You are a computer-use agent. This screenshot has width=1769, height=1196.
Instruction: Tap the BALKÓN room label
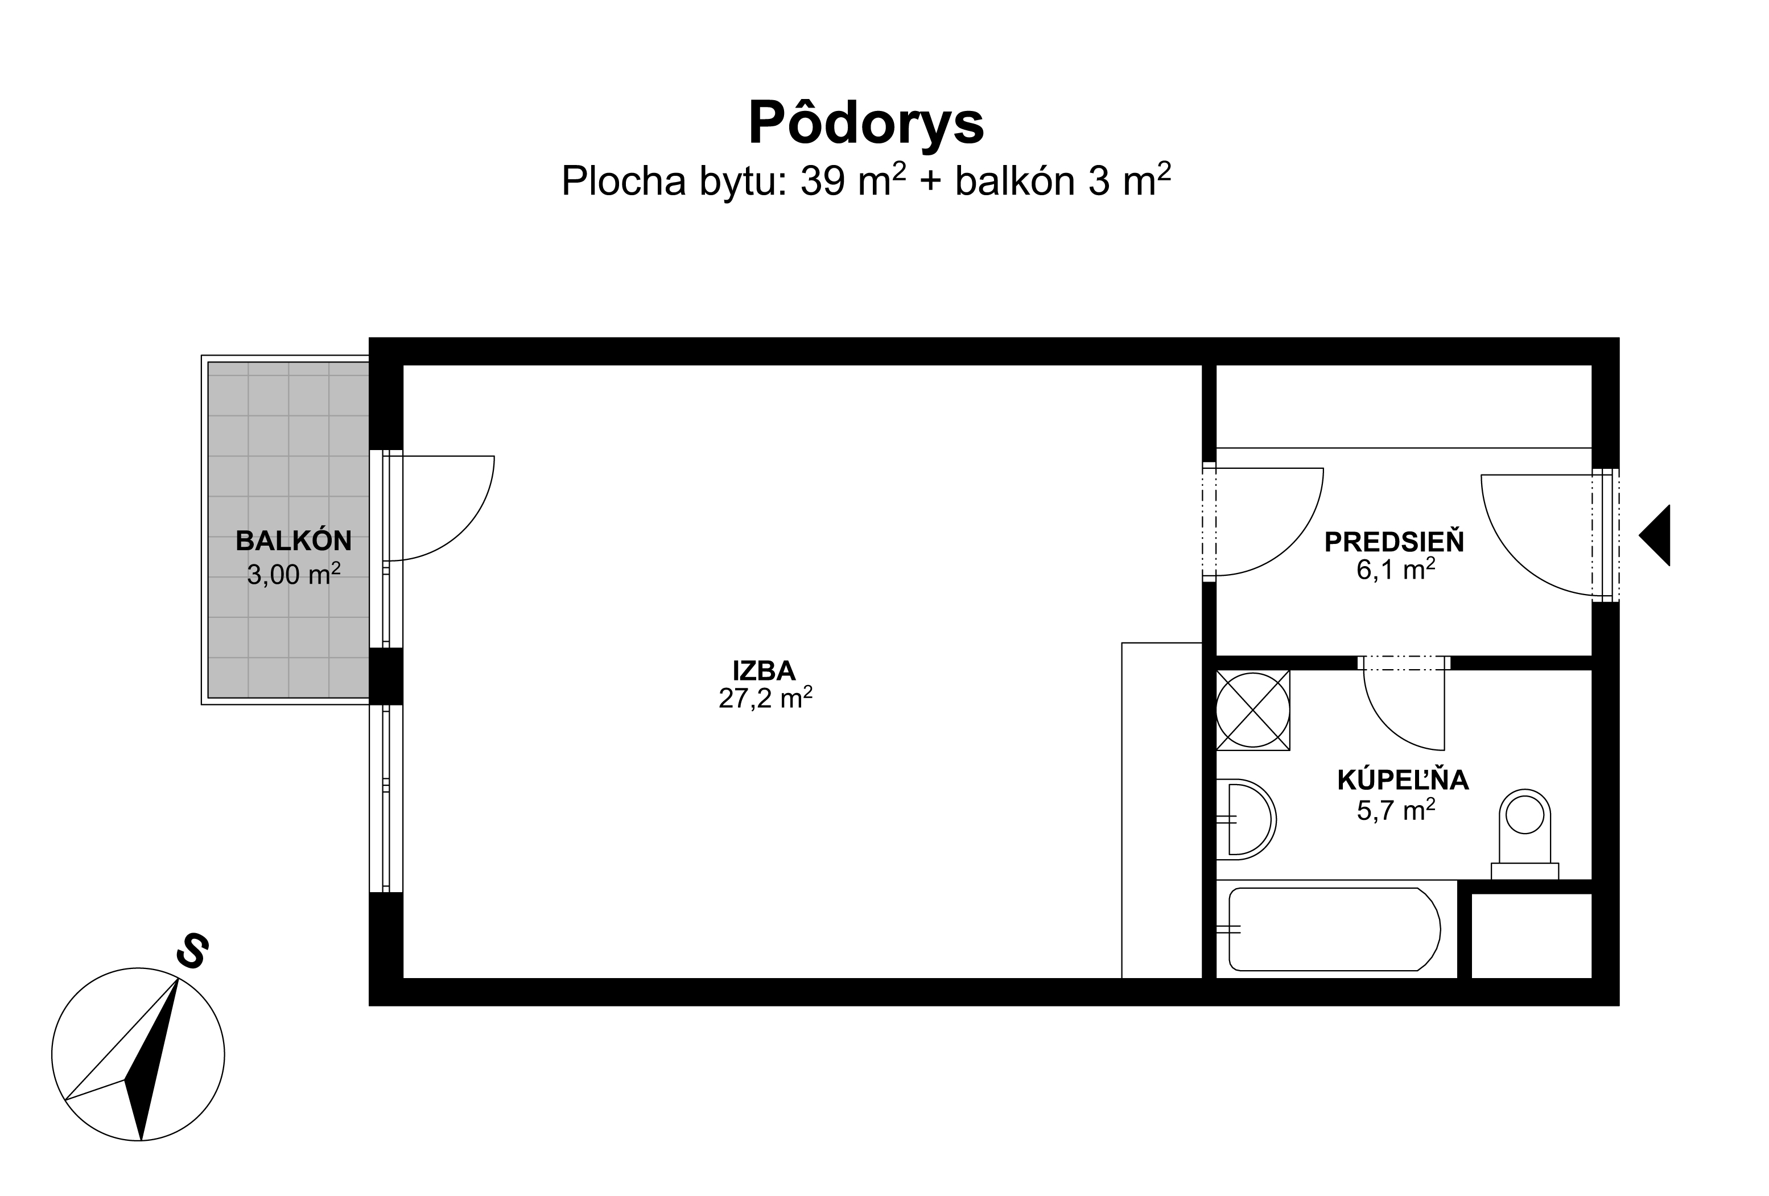coord(294,541)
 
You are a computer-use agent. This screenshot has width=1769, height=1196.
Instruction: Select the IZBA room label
coord(764,671)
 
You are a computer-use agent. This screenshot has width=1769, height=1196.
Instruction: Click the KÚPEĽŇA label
coord(1403,780)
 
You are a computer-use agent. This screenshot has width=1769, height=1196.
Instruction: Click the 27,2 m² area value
coord(765,698)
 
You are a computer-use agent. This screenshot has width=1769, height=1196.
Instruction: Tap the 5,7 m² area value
coord(1396,809)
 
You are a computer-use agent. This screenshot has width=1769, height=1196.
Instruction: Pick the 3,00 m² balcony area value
coord(293,574)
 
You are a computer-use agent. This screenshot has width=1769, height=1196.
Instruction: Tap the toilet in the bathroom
coord(1525,834)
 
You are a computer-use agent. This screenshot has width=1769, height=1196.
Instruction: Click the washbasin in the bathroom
coord(1246,819)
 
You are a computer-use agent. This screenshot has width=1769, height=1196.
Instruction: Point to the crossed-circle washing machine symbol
coord(1253,710)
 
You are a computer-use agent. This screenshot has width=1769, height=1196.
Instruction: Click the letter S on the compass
coord(192,950)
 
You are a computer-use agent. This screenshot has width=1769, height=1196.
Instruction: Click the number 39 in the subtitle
coord(823,182)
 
